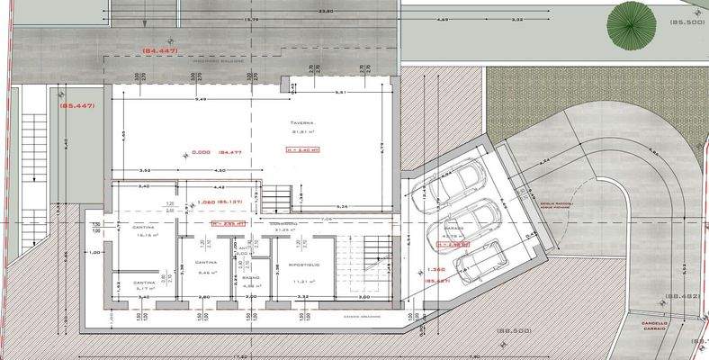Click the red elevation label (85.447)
[77, 106]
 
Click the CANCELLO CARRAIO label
[654, 326]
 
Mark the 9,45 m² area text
[207, 271]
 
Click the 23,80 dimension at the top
[300, 11]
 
